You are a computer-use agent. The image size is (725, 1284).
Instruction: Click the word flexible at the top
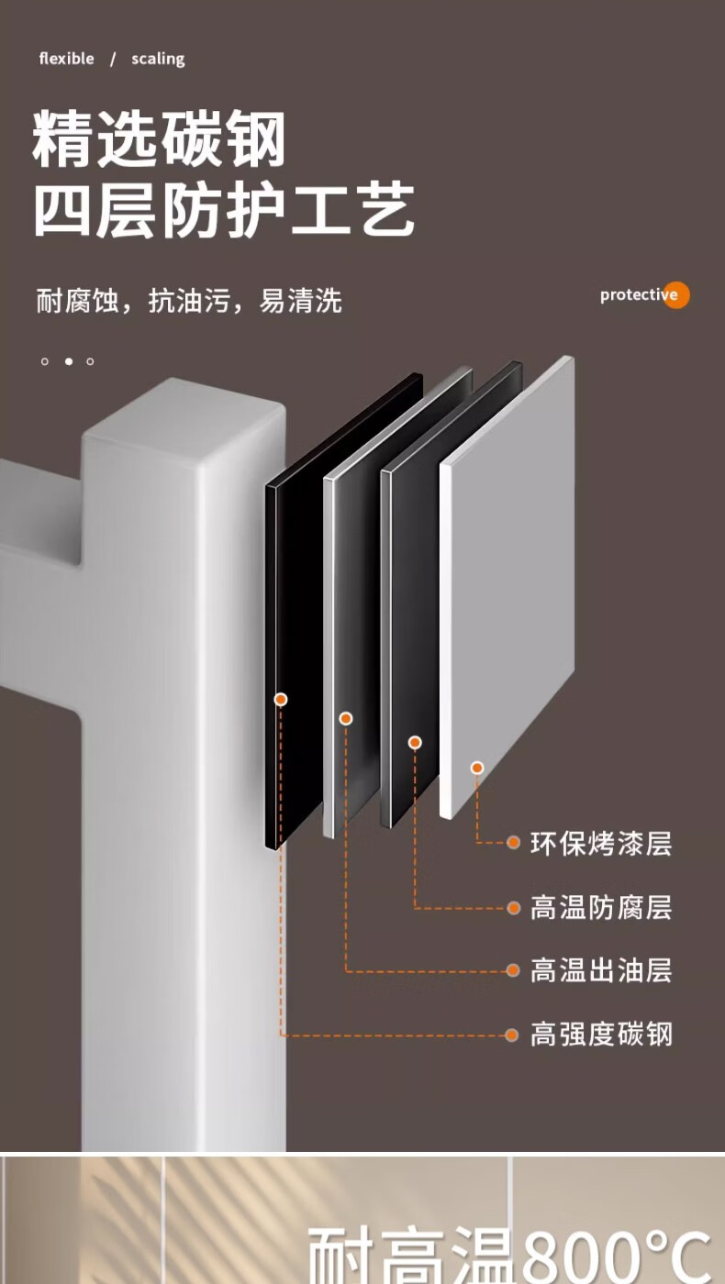[66, 59]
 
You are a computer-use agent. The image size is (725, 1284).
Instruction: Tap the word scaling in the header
[158, 59]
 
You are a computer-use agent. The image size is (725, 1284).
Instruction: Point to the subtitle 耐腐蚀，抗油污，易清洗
[189, 300]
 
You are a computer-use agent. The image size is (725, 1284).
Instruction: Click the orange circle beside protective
[676, 294]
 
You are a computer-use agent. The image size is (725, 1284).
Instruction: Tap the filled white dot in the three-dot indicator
[68, 361]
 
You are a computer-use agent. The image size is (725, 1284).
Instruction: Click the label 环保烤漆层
[601, 843]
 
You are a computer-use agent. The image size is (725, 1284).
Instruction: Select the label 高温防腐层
[601, 908]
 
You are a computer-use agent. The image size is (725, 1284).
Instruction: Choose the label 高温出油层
[601, 970]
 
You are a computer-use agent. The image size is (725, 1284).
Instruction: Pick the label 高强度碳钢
[601, 1035]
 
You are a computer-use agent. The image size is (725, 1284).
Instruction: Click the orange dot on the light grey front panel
[477, 768]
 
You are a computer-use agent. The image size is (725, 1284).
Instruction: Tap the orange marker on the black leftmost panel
[281, 699]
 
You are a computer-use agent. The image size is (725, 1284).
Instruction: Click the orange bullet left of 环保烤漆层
[514, 842]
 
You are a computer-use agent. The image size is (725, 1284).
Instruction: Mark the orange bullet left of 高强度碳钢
[513, 1035]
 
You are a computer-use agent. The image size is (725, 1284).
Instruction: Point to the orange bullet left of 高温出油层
[513, 970]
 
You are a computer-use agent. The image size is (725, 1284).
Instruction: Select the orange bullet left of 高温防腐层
[514, 908]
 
